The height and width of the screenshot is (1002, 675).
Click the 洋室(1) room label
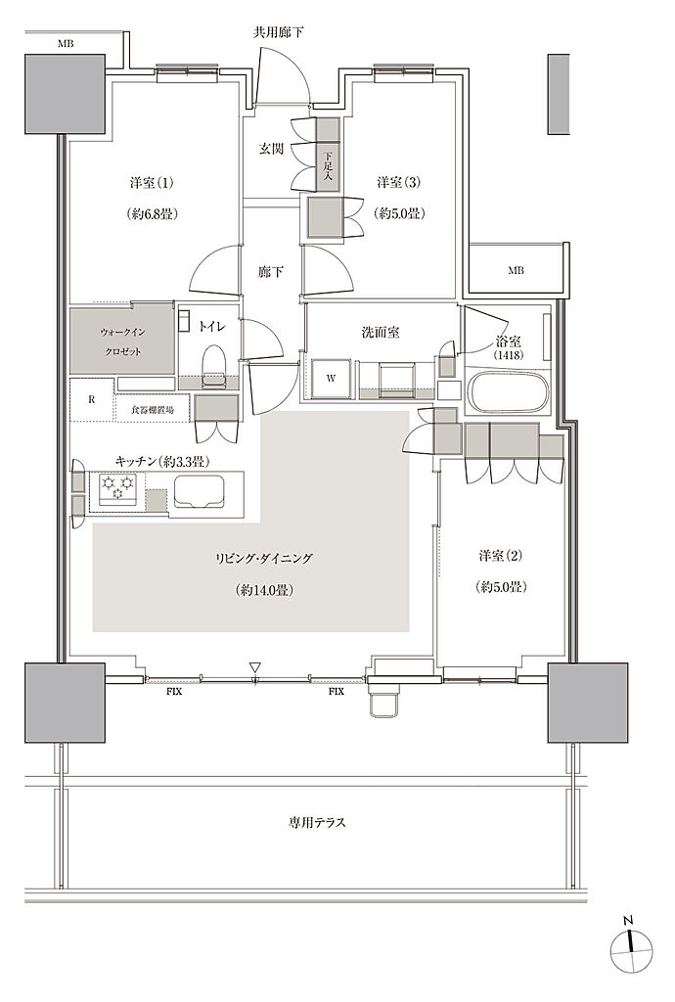click(152, 183)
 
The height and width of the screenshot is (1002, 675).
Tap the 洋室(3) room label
click(399, 183)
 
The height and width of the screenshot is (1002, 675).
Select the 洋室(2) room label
click(501, 556)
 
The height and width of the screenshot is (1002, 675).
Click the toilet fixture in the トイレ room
click(212, 365)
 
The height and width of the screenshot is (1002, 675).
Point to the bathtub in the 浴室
click(509, 391)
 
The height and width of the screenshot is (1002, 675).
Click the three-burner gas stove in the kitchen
click(117, 489)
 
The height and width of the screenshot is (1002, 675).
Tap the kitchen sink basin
click(199, 491)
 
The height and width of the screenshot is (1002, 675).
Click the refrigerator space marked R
click(92, 400)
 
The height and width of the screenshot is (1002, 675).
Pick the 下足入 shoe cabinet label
click(328, 164)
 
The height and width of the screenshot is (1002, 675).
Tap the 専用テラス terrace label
click(317, 822)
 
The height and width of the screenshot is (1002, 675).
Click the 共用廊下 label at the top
click(278, 32)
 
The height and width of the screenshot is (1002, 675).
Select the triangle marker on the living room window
click(254, 667)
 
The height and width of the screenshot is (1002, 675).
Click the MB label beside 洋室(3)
click(516, 270)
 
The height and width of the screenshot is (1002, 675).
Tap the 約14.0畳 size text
click(264, 590)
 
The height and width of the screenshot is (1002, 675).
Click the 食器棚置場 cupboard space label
click(153, 410)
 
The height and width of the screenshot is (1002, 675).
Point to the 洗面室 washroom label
click(381, 333)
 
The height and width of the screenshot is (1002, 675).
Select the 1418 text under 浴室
click(509, 355)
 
